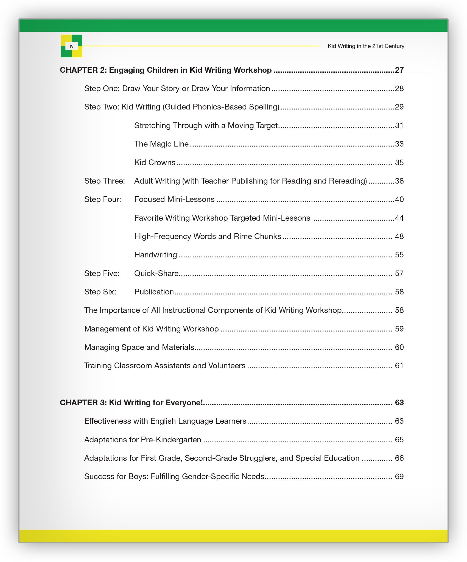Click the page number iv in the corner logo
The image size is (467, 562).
point(72,46)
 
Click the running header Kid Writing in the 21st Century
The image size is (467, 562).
point(366,46)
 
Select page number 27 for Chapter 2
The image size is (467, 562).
point(399,70)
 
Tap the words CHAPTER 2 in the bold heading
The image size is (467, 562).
point(83,70)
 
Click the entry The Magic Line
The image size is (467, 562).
point(161,144)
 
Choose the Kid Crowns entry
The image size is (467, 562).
point(155,162)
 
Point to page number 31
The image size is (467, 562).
point(399,126)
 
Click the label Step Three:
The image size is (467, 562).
point(104,181)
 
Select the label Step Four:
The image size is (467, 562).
point(103,199)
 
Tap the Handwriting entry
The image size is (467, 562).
point(156,255)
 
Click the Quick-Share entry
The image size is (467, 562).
point(156,274)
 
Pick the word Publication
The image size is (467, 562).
point(154,292)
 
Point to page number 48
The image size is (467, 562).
point(399,237)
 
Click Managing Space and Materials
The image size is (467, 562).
point(139,347)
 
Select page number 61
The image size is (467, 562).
point(399,366)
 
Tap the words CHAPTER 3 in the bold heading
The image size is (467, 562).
point(83,403)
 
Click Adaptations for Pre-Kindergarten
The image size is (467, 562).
point(142,440)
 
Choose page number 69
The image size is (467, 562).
point(399,477)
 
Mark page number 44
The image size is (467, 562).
point(399,218)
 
